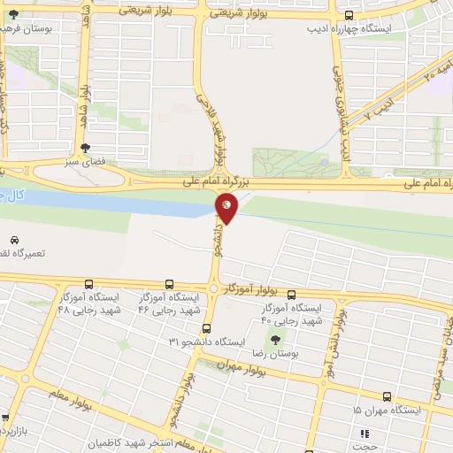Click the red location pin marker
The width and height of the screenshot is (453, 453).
(226, 208)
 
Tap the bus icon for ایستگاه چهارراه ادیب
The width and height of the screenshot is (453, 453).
(349, 15)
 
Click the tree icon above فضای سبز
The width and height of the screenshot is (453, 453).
(85, 149)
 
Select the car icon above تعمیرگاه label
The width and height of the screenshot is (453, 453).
(14, 240)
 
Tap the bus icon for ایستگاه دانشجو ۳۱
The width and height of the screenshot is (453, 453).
(206, 328)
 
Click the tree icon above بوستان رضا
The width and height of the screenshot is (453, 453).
(276, 339)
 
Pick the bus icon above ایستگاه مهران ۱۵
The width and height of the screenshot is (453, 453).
(386, 397)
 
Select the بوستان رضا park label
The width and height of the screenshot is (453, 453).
(277, 354)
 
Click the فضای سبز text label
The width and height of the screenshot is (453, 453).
(85, 163)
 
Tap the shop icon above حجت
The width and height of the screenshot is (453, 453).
(363, 433)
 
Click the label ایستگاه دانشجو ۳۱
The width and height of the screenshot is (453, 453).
(211, 342)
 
